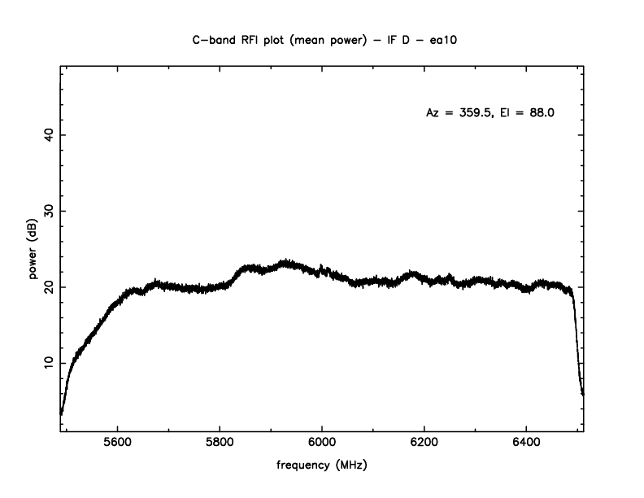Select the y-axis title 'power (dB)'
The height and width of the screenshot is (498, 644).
34,249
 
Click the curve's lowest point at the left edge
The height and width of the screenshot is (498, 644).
61,413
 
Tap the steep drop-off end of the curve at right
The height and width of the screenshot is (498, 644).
583,394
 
